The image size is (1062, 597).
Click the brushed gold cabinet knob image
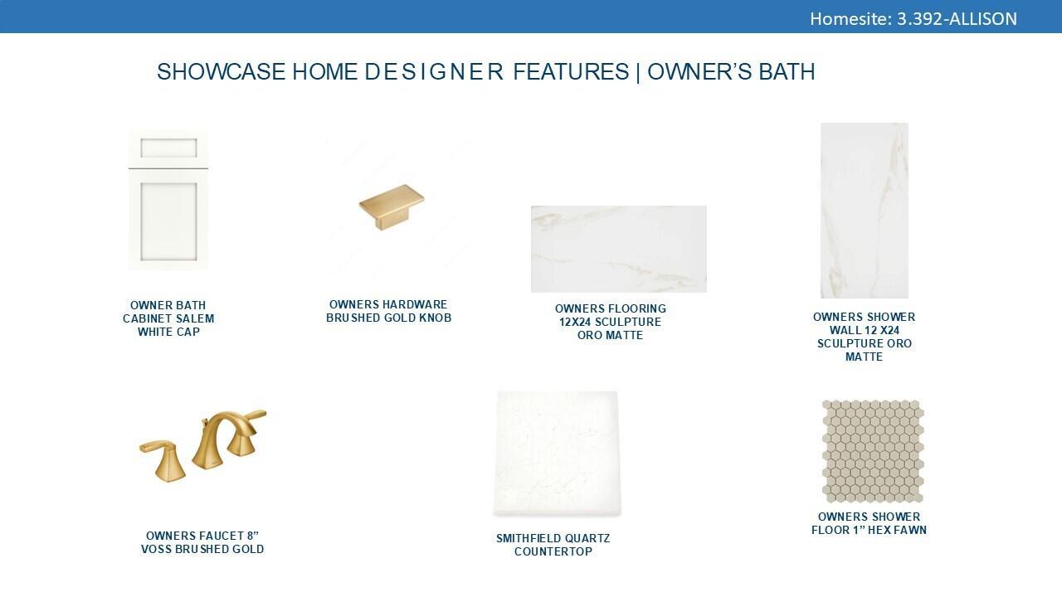392,207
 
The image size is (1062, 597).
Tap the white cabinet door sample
168,200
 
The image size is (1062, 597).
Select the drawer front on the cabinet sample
168,148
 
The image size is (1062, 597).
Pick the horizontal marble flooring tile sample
619,250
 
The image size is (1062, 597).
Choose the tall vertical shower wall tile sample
865,211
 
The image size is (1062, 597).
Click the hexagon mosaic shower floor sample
873,451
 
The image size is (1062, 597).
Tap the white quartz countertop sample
557,454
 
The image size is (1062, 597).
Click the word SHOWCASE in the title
221,72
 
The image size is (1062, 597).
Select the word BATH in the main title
787,72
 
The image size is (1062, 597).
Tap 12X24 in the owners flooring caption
575,322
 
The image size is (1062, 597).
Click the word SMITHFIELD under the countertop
529,538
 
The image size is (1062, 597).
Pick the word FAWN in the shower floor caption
910,530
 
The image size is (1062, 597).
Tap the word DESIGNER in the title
433,72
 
